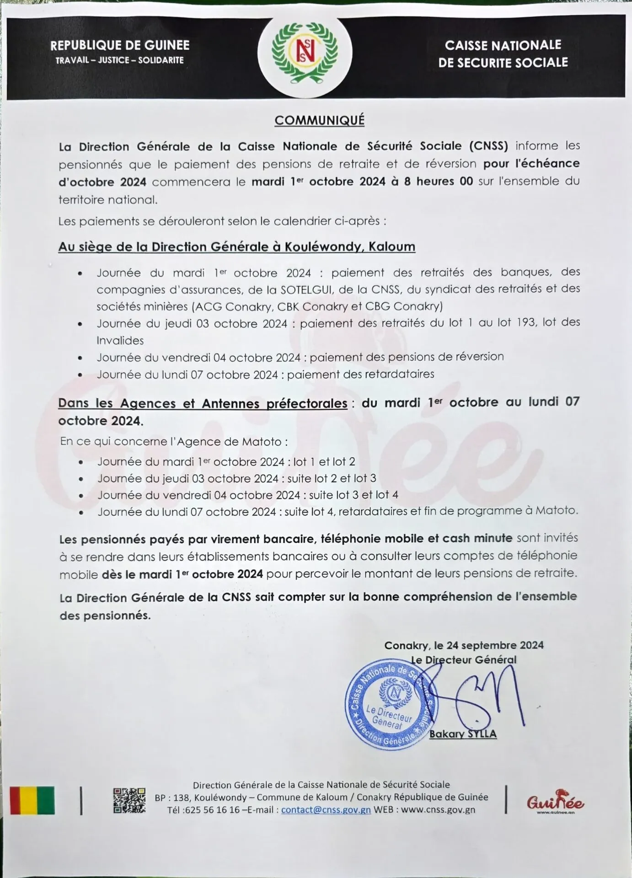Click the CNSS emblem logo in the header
click(x=305, y=52)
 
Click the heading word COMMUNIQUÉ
click(x=319, y=120)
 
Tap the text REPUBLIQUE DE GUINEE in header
click(x=120, y=45)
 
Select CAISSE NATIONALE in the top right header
click(x=503, y=45)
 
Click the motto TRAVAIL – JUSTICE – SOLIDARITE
click(x=120, y=60)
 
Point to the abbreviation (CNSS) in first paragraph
click(x=488, y=146)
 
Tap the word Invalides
click(x=120, y=341)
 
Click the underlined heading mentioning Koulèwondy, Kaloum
click(x=236, y=247)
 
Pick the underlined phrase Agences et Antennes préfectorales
click(x=203, y=403)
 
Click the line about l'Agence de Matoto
click(x=174, y=442)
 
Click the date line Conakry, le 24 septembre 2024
click(x=464, y=645)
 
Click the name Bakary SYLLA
click(x=463, y=734)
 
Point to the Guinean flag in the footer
click(x=32, y=800)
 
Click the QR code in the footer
click(x=129, y=800)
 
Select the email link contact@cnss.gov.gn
click(x=326, y=810)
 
